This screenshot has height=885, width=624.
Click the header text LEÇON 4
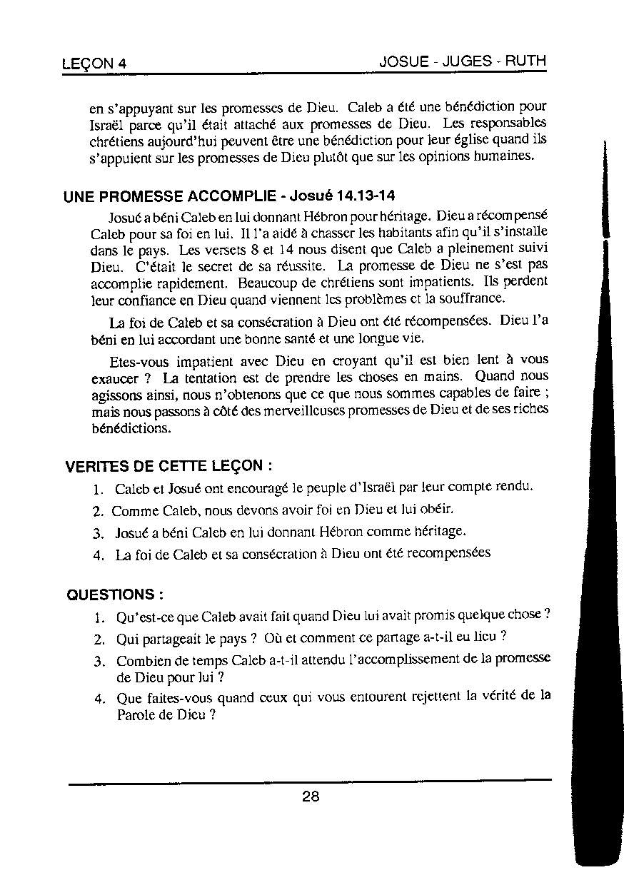(94, 64)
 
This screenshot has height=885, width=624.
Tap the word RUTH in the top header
(525, 61)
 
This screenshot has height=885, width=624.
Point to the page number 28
(311, 796)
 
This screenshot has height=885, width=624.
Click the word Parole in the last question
(136, 714)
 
